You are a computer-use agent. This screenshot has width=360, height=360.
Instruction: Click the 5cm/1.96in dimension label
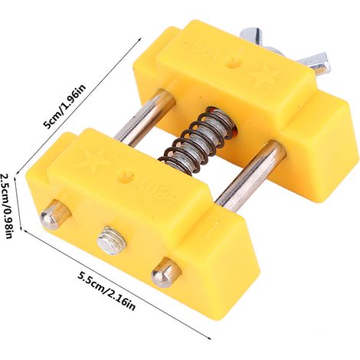[x=65, y=106]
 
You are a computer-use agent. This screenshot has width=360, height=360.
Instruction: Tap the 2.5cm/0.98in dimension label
[x=7, y=206]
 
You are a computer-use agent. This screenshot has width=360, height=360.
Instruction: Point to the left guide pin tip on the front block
[x=54, y=213]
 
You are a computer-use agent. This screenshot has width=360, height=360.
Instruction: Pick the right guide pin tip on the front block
[x=166, y=273]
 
